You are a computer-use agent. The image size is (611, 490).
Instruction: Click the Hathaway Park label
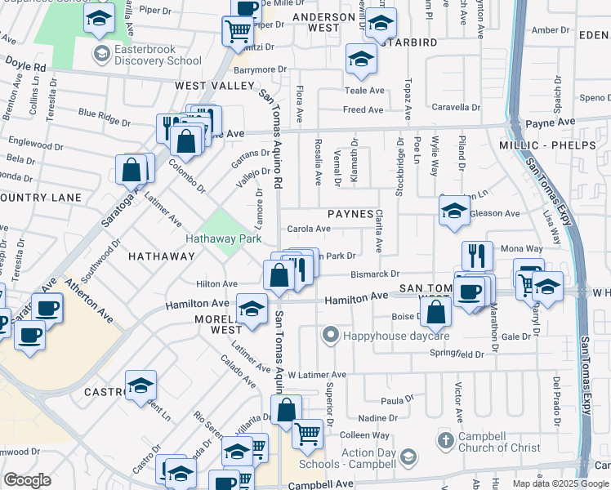(223, 239)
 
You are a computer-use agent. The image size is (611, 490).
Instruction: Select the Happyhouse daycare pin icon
(330, 335)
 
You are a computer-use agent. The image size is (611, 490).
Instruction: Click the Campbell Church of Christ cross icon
(445, 441)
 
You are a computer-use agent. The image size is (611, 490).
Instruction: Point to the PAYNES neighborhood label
(350, 214)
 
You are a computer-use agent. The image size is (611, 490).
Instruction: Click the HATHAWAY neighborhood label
(161, 256)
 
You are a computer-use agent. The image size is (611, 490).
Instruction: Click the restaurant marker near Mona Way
(478, 255)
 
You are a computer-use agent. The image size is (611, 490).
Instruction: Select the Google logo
(27, 480)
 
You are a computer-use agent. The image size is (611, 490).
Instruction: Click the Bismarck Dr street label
(375, 274)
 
